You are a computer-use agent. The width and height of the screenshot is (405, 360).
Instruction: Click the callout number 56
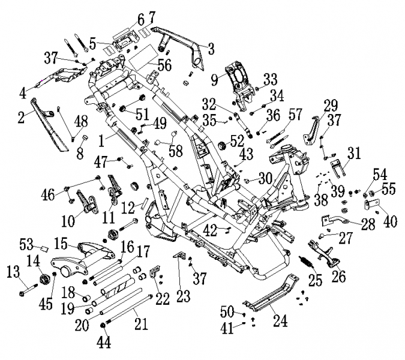coord(164,65)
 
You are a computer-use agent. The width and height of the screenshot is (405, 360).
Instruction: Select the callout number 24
coord(280,321)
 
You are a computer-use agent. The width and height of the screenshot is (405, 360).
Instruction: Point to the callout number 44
coord(104,343)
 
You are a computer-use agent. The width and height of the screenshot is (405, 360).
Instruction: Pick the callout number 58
coord(176,151)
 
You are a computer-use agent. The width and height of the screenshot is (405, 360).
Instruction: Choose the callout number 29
coord(331,105)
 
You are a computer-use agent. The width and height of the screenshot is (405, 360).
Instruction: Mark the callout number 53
coord(27,244)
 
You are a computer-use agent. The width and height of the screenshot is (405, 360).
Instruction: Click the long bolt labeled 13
coord(28,290)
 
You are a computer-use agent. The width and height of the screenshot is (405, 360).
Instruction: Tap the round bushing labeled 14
coord(44,280)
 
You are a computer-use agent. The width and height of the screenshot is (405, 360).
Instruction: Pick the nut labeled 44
coord(102,325)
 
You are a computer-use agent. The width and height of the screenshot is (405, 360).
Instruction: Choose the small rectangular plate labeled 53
coord(44,249)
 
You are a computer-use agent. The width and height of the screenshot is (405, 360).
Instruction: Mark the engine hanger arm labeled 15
coord(82,261)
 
